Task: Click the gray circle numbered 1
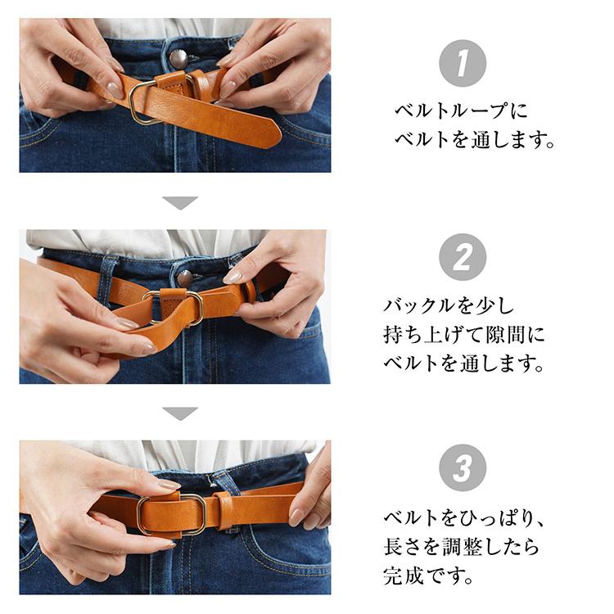[463, 63]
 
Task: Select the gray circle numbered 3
[463, 468]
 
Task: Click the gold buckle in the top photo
[146, 101]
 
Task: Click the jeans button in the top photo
[178, 58]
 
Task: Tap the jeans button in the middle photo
[185, 278]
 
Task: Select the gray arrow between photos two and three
[180, 413]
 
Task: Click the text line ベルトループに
[462, 111]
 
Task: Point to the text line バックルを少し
[449, 307]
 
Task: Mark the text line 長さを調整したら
[462, 547]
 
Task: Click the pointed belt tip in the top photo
[266, 135]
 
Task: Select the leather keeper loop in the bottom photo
[223, 508]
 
